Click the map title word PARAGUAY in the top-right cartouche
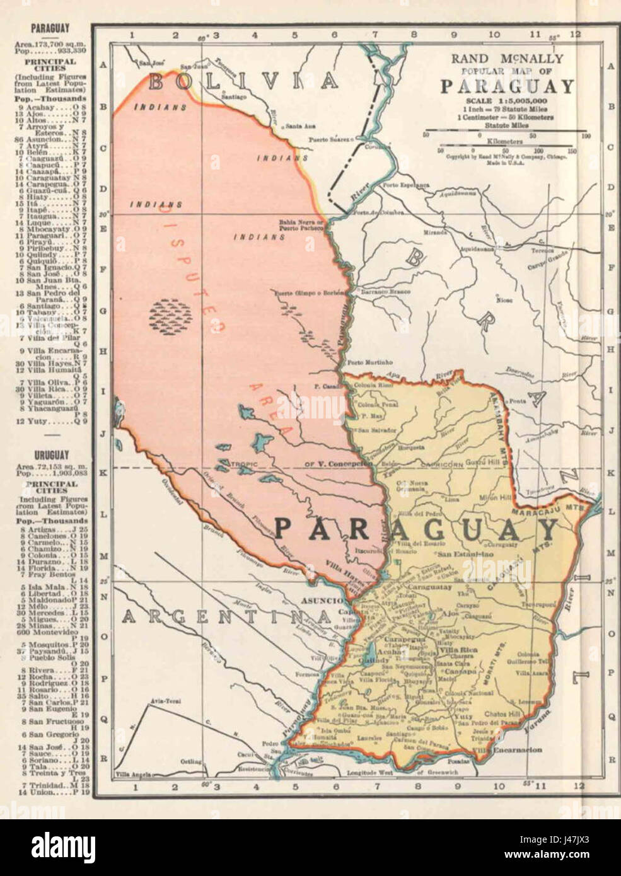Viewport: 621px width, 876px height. click(507, 86)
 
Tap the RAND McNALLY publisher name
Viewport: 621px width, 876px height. click(507, 59)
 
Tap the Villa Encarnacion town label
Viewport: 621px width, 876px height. click(513, 750)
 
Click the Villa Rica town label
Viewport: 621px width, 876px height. click(458, 649)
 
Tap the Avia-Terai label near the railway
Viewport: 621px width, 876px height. click(161, 701)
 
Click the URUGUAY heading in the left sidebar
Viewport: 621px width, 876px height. click(52, 454)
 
